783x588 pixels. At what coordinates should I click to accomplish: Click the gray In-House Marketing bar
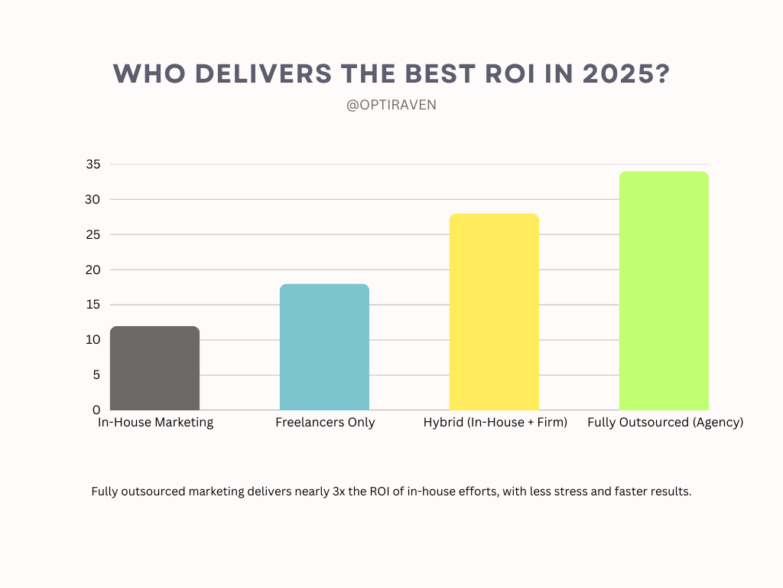[154, 368]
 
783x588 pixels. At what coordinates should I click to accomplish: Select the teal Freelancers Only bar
[324, 347]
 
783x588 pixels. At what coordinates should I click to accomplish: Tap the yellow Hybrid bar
[494, 312]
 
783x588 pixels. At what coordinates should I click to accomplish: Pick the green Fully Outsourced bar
[664, 291]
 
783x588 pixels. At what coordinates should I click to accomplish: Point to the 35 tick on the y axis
[93, 165]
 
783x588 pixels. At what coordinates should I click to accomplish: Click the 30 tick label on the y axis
[93, 200]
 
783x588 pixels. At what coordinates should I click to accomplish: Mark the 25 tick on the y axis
[93, 235]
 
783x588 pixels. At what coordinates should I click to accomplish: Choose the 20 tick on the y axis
[93, 269]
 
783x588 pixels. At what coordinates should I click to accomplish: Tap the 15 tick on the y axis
[93, 305]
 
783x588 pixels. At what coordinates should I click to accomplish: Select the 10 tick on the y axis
[93, 340]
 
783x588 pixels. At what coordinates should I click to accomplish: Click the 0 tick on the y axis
[96, 410]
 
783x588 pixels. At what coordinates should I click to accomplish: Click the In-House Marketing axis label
[155, 423]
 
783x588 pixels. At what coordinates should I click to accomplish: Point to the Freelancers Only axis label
[325, 423]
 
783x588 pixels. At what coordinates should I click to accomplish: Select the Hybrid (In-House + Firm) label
[495, 423]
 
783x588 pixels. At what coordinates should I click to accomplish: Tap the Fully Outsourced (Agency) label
[665, 423]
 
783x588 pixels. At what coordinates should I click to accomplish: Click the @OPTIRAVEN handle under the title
[391, 105]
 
